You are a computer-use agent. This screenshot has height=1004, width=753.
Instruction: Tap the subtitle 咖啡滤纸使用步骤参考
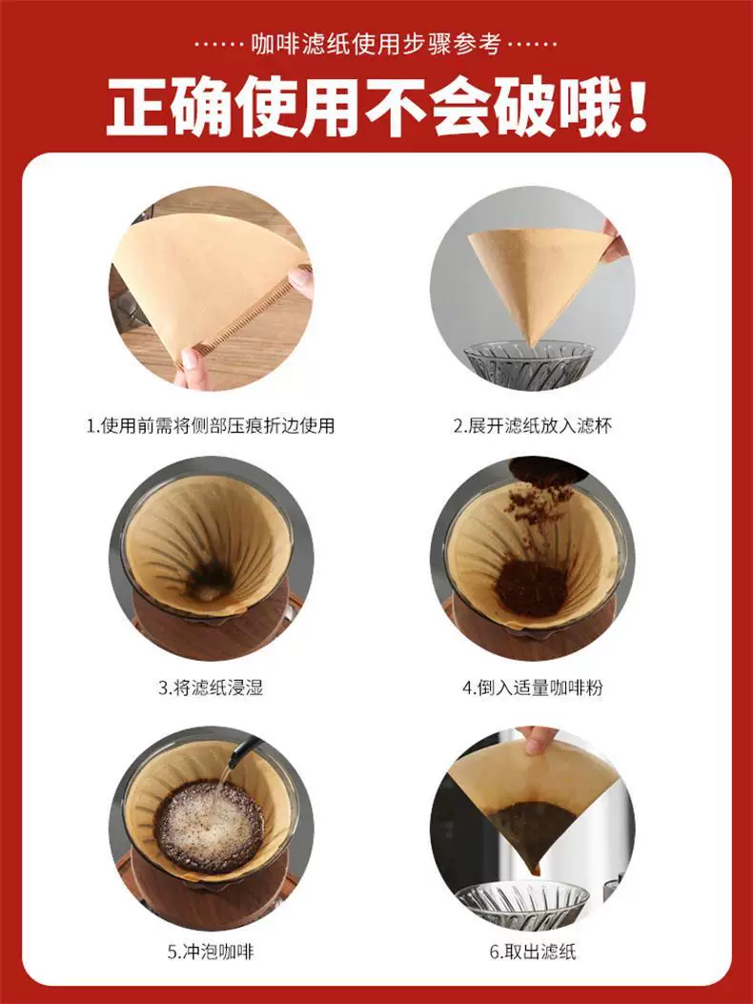coord(376,44)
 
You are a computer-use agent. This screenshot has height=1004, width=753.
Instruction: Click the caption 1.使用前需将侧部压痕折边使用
coord(210,425)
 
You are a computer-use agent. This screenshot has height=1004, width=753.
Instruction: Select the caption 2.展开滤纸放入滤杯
coord(532,425)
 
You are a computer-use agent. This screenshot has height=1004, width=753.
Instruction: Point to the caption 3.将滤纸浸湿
coord(210,686)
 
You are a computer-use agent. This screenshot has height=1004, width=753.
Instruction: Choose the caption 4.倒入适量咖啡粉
coord(533,686)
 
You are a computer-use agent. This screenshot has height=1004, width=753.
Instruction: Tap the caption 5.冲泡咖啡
coord(210,951)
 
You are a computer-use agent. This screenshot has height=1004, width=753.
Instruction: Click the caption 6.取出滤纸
coord(533,951)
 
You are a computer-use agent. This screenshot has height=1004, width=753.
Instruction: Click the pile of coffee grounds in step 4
coord(530,587)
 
